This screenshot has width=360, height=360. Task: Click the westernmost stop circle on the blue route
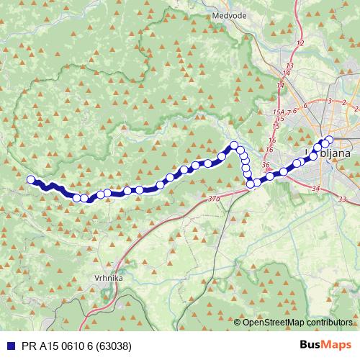[30, 180]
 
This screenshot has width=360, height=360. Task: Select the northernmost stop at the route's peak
[234, 145]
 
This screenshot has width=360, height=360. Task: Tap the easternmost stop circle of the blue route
[330, 140]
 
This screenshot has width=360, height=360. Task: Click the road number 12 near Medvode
[300, 45]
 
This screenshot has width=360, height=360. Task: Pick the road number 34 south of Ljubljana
[317, 188]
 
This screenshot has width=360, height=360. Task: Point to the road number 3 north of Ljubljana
[329, 101]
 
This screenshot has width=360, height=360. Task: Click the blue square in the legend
[8, 345]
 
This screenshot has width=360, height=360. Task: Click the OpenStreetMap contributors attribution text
[297, 323]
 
